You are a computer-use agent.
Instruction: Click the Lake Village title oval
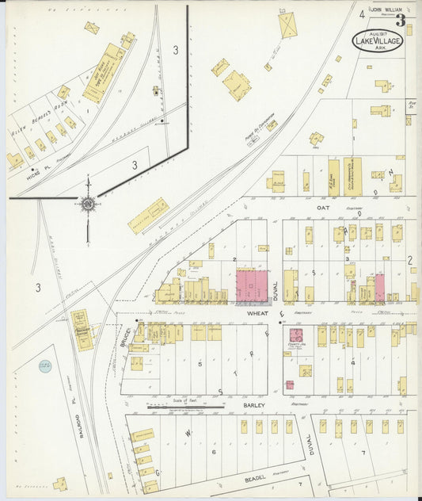[378, 40]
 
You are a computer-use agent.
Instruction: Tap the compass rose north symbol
[86, 205]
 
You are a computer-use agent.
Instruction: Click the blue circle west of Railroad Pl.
[44, 365]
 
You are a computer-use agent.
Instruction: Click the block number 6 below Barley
[214, 451]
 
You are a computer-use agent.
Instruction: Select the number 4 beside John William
[361, 14]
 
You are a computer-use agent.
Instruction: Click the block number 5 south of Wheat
[200, 364]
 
